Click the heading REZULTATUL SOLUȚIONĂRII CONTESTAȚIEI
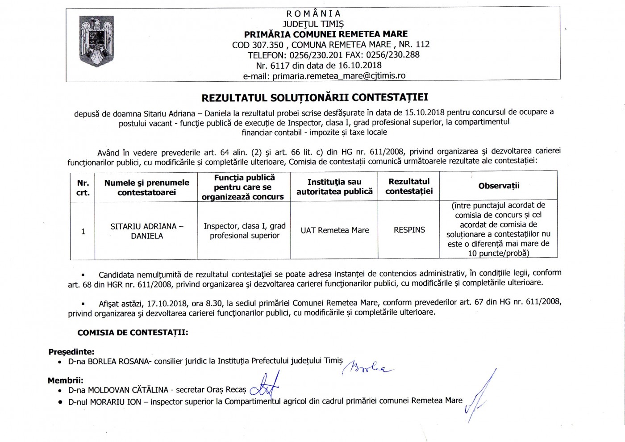click(x=315, y=97)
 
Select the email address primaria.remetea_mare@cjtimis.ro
click(x=339, y=76)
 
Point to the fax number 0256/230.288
click(x=393, y=55)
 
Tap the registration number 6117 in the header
click(x=280, y=65)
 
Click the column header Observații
click(x=499, y=186)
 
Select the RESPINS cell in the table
click(x=409, y=230)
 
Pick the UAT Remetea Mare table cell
click(x=335, y=230)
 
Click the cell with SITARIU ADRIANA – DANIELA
click(x=147, y=231)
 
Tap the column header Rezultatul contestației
click(x=409, y=186)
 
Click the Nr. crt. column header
click(x=83, y=188)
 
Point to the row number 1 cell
click(x=83, y=231)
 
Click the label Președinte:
click(x=71, y=352)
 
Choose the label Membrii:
click(x=66, y=380)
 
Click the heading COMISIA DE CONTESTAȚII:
click(x=133, y=333)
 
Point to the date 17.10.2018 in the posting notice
click(x=164, y=303)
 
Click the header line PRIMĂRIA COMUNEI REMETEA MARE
click(x=325, y=34)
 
